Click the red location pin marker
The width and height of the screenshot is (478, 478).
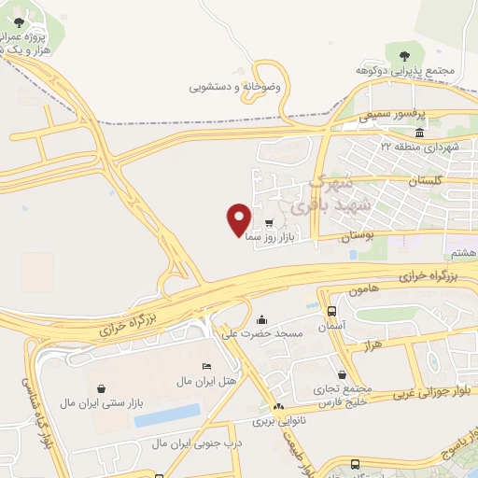point(239,218)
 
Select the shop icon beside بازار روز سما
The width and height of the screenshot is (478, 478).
point(269,223)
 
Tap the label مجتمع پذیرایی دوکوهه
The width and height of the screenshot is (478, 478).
point(403,70)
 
